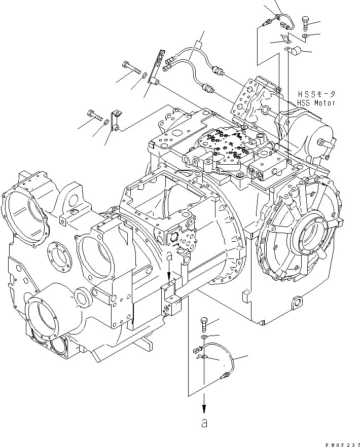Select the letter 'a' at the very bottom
pyautogui.click(x=204, y=424)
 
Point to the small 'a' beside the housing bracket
pyautogui.click(x=169, y=259)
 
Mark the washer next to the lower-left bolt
pyautogui.click(x=104, y=122)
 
